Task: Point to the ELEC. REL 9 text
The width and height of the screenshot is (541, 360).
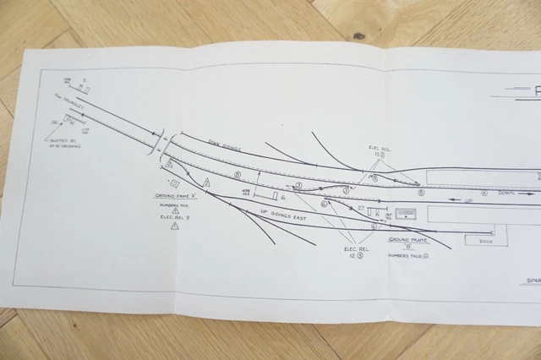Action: (174, 217)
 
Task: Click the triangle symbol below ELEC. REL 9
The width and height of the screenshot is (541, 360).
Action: (175, 226)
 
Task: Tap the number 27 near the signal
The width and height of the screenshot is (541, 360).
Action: (360, 208)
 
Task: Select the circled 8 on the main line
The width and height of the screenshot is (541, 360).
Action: (238, 176)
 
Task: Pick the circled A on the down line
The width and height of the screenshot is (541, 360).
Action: (484, 192)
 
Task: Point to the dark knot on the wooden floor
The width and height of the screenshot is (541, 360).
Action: (358, 35)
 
